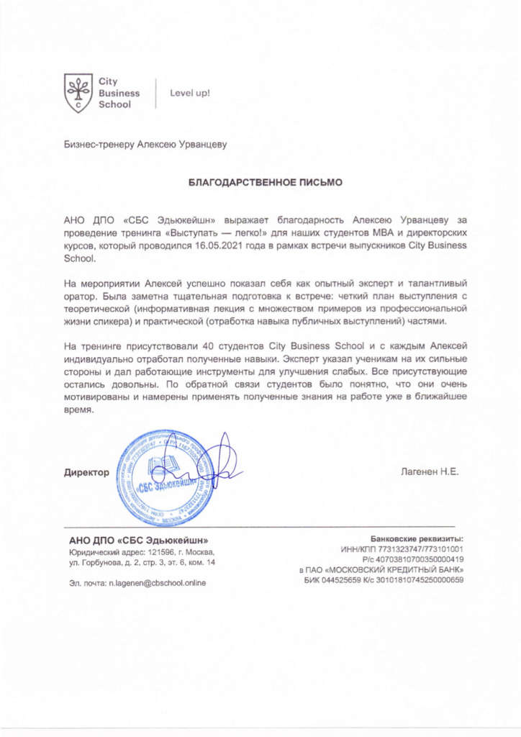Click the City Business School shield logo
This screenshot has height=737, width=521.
click(x=78, y=93)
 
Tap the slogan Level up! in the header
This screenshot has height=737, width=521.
click(x=189, y=93)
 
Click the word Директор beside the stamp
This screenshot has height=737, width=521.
click(x=87, y=473)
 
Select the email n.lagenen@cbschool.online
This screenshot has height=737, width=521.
click(x=157, y=583)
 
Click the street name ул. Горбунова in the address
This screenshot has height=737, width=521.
click(x=92, y=561)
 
